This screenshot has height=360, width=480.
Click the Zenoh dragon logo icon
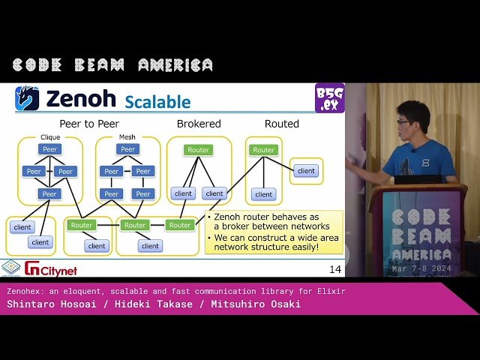pyautogui.click(x=28, y=99)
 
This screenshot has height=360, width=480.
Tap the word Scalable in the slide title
pyautogui.click(x=157, y=101)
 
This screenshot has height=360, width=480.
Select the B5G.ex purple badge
pyautogui.click(x=329, y=97)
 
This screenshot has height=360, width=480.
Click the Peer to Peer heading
pyautogui.click(x=89, y=124)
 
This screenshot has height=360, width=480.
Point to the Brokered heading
pyautogui.click(x=199, y=124)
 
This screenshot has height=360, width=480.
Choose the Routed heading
pyautogui.click(x=282, y=124)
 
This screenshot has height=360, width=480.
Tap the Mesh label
pyautogui.click(x=127, y=137)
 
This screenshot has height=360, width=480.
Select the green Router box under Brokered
pyautogui.click(x=199, y=150)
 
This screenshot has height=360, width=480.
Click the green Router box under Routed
pyautogui.click(x=264, y=150)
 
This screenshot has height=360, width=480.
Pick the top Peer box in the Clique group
pyautogui.click(x=49, y=149)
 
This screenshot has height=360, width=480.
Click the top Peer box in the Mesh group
pyautogui.click(x=127, y=149)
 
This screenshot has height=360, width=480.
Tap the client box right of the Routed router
pyautogui.click(x=306, y=170)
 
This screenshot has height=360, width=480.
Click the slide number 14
pyautogui.click(x=334, y=268)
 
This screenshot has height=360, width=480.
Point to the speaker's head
pyautogui.click(x=413, y=120)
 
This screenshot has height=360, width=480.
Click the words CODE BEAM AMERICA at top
pyautogui.click(x=112, y=65)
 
